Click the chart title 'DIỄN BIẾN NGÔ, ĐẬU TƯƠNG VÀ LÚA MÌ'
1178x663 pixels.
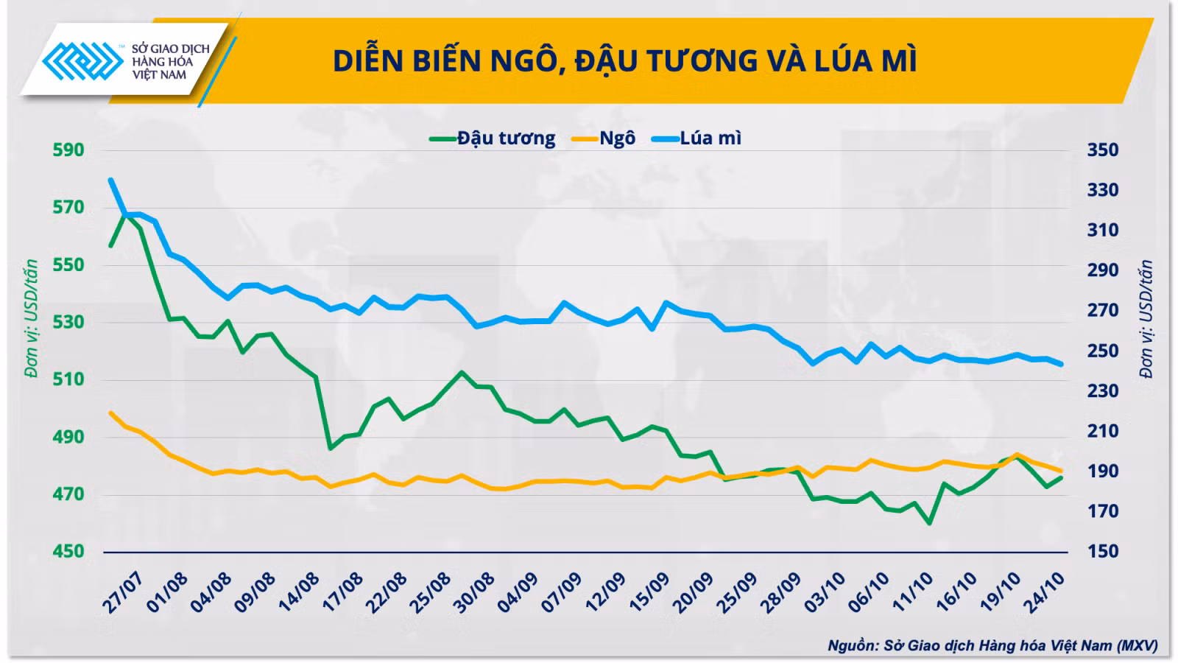pyautogui.click(x=625, y=61)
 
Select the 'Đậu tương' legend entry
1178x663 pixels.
pyautogui.click(x=493, y=138)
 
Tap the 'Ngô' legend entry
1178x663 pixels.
pyautogui.click(x=604, y=138)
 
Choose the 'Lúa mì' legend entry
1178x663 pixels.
pyautogui.click(x=696, y=138)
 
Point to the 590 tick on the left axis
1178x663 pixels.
pyautogui.click(x=68, y=150)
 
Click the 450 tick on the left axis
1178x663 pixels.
pyautogui.click(x=68, y=552)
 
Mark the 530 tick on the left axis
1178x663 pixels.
pyautogui.click(x=68, y=322)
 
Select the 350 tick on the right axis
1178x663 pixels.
pyautogui.click(x=1103, y=150)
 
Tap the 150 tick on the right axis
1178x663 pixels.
pyautogui.click(x=1103, y=552)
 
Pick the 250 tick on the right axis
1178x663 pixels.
pyautogui.click(x=1103, y=351)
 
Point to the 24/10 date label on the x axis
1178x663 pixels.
pyautogui.click(x=1044, y=594)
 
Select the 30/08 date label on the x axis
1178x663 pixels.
pyautogui.click(x=474, y=594)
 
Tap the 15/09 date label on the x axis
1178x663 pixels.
pyautogui.click(x=649, y=594)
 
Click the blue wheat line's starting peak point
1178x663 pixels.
pyautogui.click(x=111, y=180)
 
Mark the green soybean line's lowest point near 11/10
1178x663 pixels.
pyautogui.click(x=930, y=523)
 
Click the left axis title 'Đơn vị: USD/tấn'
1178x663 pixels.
pyautogui.click(x=32, y=319)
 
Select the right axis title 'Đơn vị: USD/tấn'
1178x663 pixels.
pyautogui.click(x=1146, y=319)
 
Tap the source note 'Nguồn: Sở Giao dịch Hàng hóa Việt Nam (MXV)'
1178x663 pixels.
pyautogui.click(x=993, y=646)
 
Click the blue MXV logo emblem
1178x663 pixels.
pyautogui.click(x=83, y=61)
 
